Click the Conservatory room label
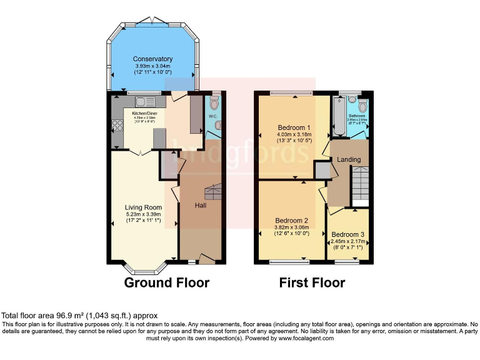point(152,59)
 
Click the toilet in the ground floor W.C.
point(215,104)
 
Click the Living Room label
point(143,207)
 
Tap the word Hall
point(201,206)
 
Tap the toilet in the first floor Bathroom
point(352,100)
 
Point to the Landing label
point(349,159)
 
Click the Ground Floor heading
point(166,282)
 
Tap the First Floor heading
point(312,282)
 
